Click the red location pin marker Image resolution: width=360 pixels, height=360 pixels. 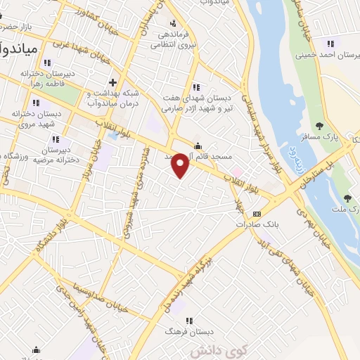[181, 165]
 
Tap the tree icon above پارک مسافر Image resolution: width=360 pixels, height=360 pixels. [320, 127]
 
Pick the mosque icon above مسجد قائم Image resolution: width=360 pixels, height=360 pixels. [198, 139]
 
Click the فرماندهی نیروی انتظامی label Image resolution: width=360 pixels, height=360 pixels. [173, 39]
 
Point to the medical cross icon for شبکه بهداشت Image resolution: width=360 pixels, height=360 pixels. [112, 82]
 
